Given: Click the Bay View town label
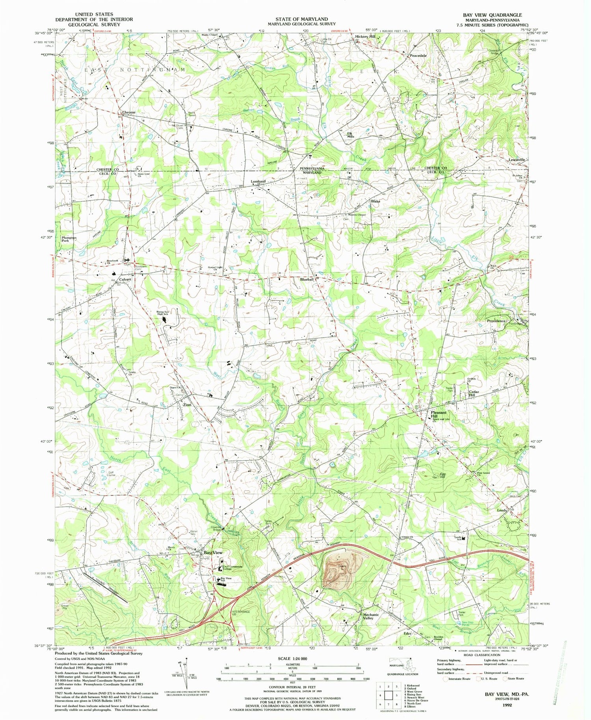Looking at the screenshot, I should (213, 553).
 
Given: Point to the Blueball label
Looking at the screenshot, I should (307, 279).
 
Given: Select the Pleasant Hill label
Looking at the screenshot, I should (438, 414).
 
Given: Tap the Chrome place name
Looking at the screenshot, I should (128, 112).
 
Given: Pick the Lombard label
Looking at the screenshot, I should (258, 182).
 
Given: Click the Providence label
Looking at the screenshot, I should (496, 321).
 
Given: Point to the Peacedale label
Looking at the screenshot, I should (418, 56).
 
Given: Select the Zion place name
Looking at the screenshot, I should (187, 405).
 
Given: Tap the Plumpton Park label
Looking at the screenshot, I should (69, 239).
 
